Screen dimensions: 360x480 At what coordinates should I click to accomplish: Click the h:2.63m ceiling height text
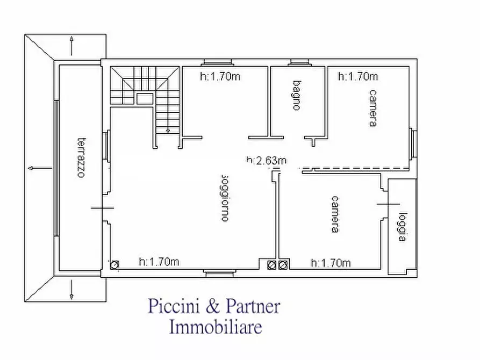pyautogui.click(x=266, y=160)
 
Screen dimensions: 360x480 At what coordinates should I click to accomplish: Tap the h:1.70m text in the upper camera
pyautogui.click(x=357, y=76)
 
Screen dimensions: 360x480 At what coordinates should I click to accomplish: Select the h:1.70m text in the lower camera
pyautogui.click(x=331, y=263)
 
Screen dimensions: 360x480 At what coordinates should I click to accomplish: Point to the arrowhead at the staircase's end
pyautogui.click(x=168, y=130)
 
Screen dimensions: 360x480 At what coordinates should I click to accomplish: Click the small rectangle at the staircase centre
pyautogui.click(x=144, y=98)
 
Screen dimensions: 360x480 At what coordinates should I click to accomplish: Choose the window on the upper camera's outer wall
pyautogui.click(x=413, y=143)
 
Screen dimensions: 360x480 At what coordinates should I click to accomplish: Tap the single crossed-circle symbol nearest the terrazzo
pyautogui.click(x=114, y=264)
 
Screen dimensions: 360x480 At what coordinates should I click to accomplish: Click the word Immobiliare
pyautogui.click(x=216, y=326)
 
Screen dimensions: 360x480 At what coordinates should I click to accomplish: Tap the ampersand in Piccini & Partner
pyautogui.click(x=213, y=307)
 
